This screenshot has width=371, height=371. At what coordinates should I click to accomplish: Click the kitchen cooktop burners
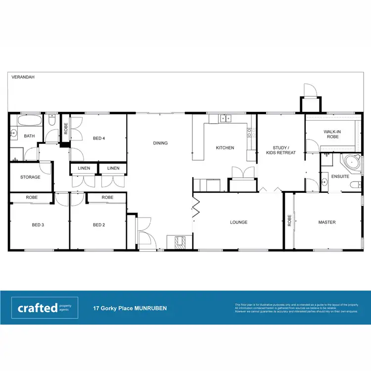click(250, 133)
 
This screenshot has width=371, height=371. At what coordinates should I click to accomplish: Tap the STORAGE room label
click(30, 177)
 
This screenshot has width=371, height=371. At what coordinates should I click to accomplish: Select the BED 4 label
click(99, 139)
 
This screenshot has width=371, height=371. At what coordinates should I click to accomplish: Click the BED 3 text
click(38, 225)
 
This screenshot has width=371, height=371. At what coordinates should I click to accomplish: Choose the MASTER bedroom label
click(326, 223)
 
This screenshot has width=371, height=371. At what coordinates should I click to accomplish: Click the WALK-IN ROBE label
click(331, 134)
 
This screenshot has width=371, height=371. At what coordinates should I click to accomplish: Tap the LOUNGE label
click(238, 223)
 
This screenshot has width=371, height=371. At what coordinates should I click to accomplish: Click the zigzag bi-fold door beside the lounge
click(196, 206)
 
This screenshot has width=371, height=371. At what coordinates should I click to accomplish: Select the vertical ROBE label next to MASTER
click(289, 220)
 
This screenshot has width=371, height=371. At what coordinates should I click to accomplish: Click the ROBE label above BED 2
click(107, 197)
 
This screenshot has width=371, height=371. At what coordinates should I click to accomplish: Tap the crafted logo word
click(38, 308)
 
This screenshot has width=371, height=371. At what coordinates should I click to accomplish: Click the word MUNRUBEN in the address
click(151, 308)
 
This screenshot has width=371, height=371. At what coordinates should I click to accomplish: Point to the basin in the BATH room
click(14, 134)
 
